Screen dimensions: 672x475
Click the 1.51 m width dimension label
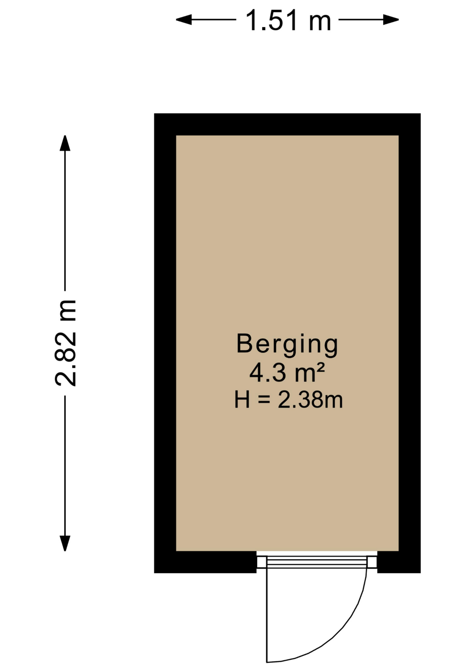pyautogui.click(x=288, y=21)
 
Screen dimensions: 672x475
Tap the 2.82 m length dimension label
pyautogui.click(x=66, y=343)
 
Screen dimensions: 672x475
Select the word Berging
pyautogui.click(x=287, y=344)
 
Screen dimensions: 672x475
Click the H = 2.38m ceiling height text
pyautogui.click(x=288, y=400)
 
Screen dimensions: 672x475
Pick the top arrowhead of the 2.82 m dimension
pyautogui.click(x=65, y=143)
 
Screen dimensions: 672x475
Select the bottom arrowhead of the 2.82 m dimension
pyautogui.click(x=65, y=543)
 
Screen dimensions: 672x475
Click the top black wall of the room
pyautogui.click(x=287, y=124)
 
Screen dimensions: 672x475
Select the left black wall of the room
pyautogui.click(x=165, y=343)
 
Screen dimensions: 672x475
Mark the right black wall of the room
pyautogui.click(x=410, y=343)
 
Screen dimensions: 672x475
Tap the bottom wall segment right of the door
pyautogui.click(x=399, y=562)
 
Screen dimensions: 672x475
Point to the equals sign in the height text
pyautogui.click(x=264, y=400)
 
